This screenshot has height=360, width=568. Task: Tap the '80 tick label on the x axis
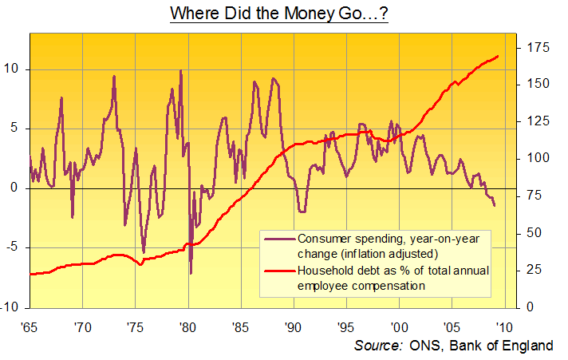187,326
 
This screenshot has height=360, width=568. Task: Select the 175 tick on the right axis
534,49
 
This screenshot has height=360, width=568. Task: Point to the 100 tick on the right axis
534,158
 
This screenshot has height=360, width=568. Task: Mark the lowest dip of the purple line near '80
191,273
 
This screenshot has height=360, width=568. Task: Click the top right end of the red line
499,56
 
